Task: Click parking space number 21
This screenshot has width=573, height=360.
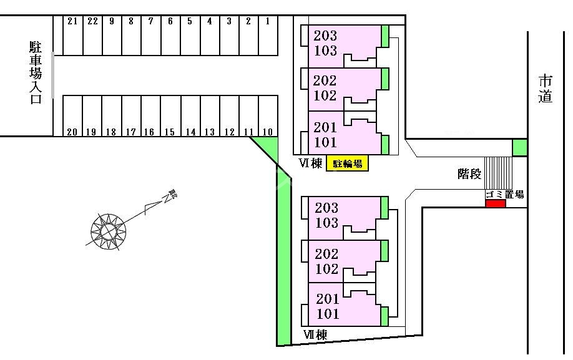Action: click(73, 36)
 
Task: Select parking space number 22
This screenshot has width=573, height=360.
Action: click(92, 36)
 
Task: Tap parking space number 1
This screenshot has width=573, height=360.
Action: click(268, 36)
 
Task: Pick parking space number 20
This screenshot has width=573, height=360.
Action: click(73, 116)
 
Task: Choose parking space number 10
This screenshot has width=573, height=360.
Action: click(268, 116)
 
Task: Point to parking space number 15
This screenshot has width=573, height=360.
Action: click(170, 116)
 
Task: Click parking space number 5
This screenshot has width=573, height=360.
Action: click(190, 36)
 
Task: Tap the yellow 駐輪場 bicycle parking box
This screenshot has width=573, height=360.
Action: click(347, 163)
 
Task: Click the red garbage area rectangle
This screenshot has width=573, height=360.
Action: click(496, 204)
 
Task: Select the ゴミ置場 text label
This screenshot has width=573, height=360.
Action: click(505, 195)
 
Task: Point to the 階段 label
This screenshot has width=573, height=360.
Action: click(469, 174)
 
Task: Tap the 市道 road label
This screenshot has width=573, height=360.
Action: click(546, 89)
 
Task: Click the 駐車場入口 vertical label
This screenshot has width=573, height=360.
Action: click(36, 72)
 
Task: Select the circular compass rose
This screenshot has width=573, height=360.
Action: click(109, 231)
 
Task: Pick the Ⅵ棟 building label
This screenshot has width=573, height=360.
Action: click(311, 163)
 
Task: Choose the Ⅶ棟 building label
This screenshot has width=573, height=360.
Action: click(315, 334)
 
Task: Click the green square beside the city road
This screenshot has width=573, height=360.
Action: click(520, 147)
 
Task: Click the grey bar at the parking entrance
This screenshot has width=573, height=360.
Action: click(52, 75)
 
